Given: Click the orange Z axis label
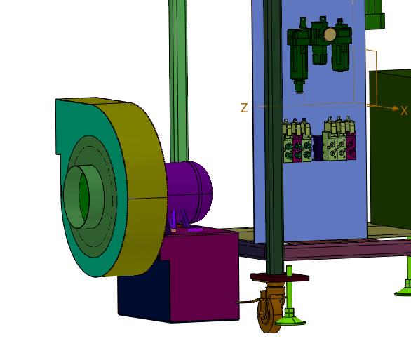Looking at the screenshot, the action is pos(244,108).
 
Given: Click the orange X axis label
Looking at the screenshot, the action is pos(404,111).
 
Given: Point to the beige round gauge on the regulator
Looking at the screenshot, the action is pos(330,34).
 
